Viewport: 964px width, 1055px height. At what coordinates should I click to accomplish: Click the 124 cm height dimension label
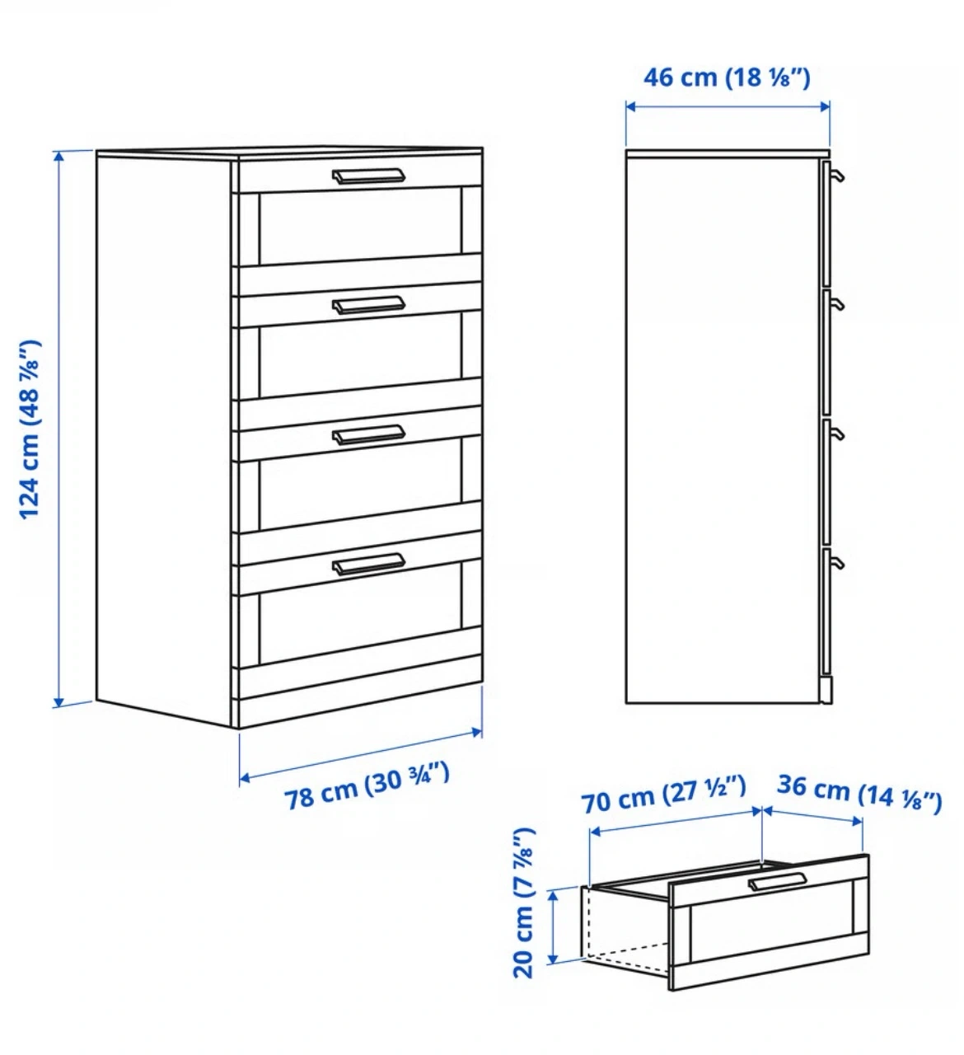click(x=30, y=429)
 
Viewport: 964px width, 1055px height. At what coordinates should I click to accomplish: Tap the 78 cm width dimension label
click(x=367, y=786)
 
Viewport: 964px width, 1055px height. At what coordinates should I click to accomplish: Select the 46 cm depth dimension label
click(x=727, y=77)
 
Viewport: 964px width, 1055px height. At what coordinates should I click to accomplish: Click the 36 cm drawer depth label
click(x=859, y=795)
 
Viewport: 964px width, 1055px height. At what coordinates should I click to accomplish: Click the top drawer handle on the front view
click(x=368, y=176)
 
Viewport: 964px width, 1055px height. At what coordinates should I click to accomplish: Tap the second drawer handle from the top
click(x=368, y=305)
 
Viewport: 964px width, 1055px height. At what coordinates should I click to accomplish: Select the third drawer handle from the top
click(x=368, y=434)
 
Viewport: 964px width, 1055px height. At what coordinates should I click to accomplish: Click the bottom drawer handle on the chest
click(x=368, y=564)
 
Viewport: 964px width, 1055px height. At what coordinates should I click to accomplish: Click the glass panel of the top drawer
click(x=360, y=227)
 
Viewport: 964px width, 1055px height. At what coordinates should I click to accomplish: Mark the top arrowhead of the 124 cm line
click(x=59, y=157)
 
